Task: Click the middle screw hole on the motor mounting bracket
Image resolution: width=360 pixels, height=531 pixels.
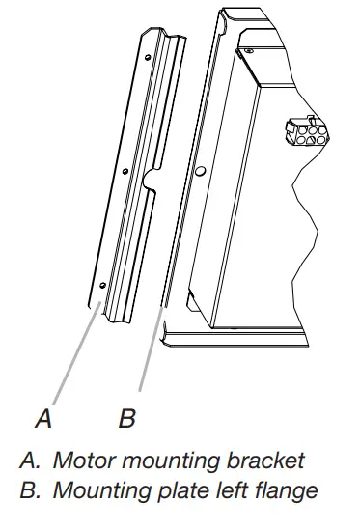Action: pos(125,171)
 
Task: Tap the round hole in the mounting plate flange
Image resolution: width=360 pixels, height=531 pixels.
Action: pos(198,171)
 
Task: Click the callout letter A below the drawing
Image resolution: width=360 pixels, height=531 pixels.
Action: pos(42,419)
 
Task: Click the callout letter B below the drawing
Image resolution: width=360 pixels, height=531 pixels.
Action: pos(127,419)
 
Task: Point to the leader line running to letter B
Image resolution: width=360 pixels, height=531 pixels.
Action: pos(150,348)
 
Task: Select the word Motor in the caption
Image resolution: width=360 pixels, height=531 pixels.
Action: pos(82,461)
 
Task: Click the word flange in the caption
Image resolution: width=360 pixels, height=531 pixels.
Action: pos(281,490)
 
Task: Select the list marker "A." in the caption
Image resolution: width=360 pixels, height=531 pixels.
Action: pos(29,461)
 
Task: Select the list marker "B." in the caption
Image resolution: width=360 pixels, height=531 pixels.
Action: pos(29,490)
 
